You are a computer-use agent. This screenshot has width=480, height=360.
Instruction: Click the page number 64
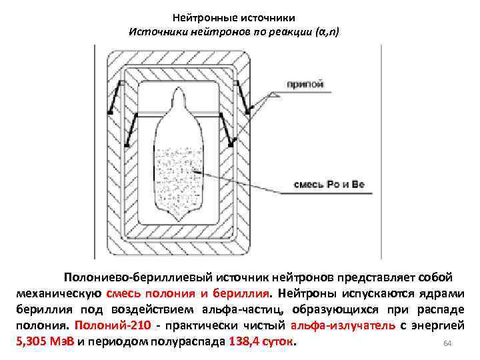tap(447, 343)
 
